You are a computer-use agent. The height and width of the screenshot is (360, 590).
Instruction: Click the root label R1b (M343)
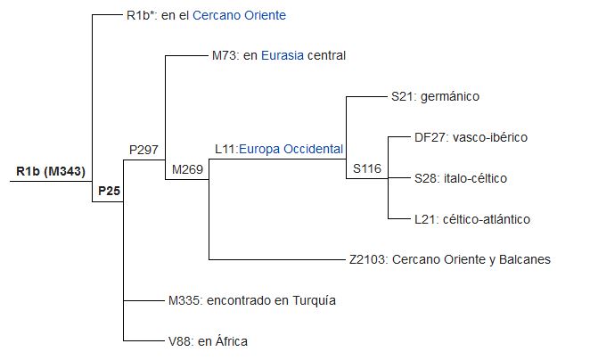[x=50, y=171]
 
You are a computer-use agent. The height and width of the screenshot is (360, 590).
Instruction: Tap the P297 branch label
[x=143, y=149]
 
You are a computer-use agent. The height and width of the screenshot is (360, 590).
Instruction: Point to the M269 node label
[x=187, y=169]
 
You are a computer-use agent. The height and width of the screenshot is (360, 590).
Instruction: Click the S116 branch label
[x=366, y=169]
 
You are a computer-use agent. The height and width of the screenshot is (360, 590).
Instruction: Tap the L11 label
[x=225, y=149]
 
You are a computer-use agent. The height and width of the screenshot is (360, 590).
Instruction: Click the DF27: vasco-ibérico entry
[x=459, y=137]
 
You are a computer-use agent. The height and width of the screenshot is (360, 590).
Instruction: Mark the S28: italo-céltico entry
[x=448, y=178]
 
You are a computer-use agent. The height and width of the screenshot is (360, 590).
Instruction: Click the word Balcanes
[x=524, y=259]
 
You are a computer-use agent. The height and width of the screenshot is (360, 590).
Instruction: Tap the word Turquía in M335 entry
[x=314, y=300]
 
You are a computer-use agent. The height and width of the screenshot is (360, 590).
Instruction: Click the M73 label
[x=225, y=55]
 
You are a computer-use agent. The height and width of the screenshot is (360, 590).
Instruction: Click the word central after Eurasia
[x=325, y=55]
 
